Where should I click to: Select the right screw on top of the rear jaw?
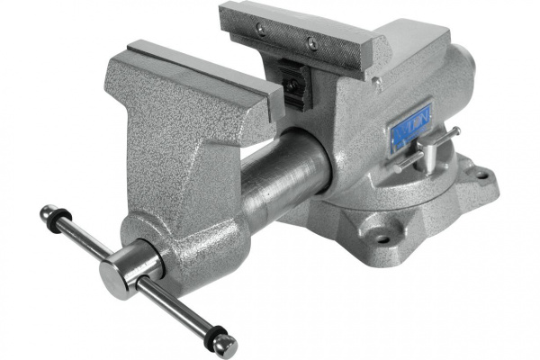pyautogui.click(x=311, y=42)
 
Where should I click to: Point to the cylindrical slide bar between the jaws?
pyautogui.click(x=288, y=175)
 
